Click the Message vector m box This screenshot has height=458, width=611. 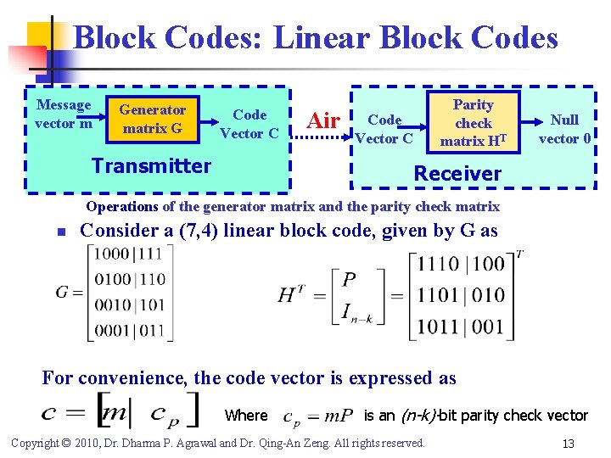point(64,114)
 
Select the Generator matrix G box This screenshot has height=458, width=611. point(152,120)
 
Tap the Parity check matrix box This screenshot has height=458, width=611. point(473,123)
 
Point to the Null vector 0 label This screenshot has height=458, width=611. point(564,129)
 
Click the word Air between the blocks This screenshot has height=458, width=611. point(323,121)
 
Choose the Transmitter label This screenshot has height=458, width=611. point(151,165)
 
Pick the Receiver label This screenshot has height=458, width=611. point(457,173)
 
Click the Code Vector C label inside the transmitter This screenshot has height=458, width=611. point(249,124)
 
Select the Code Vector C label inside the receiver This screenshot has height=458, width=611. point(384,129)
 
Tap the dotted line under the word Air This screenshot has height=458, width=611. point(323,137)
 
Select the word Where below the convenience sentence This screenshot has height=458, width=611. point(246,415)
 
